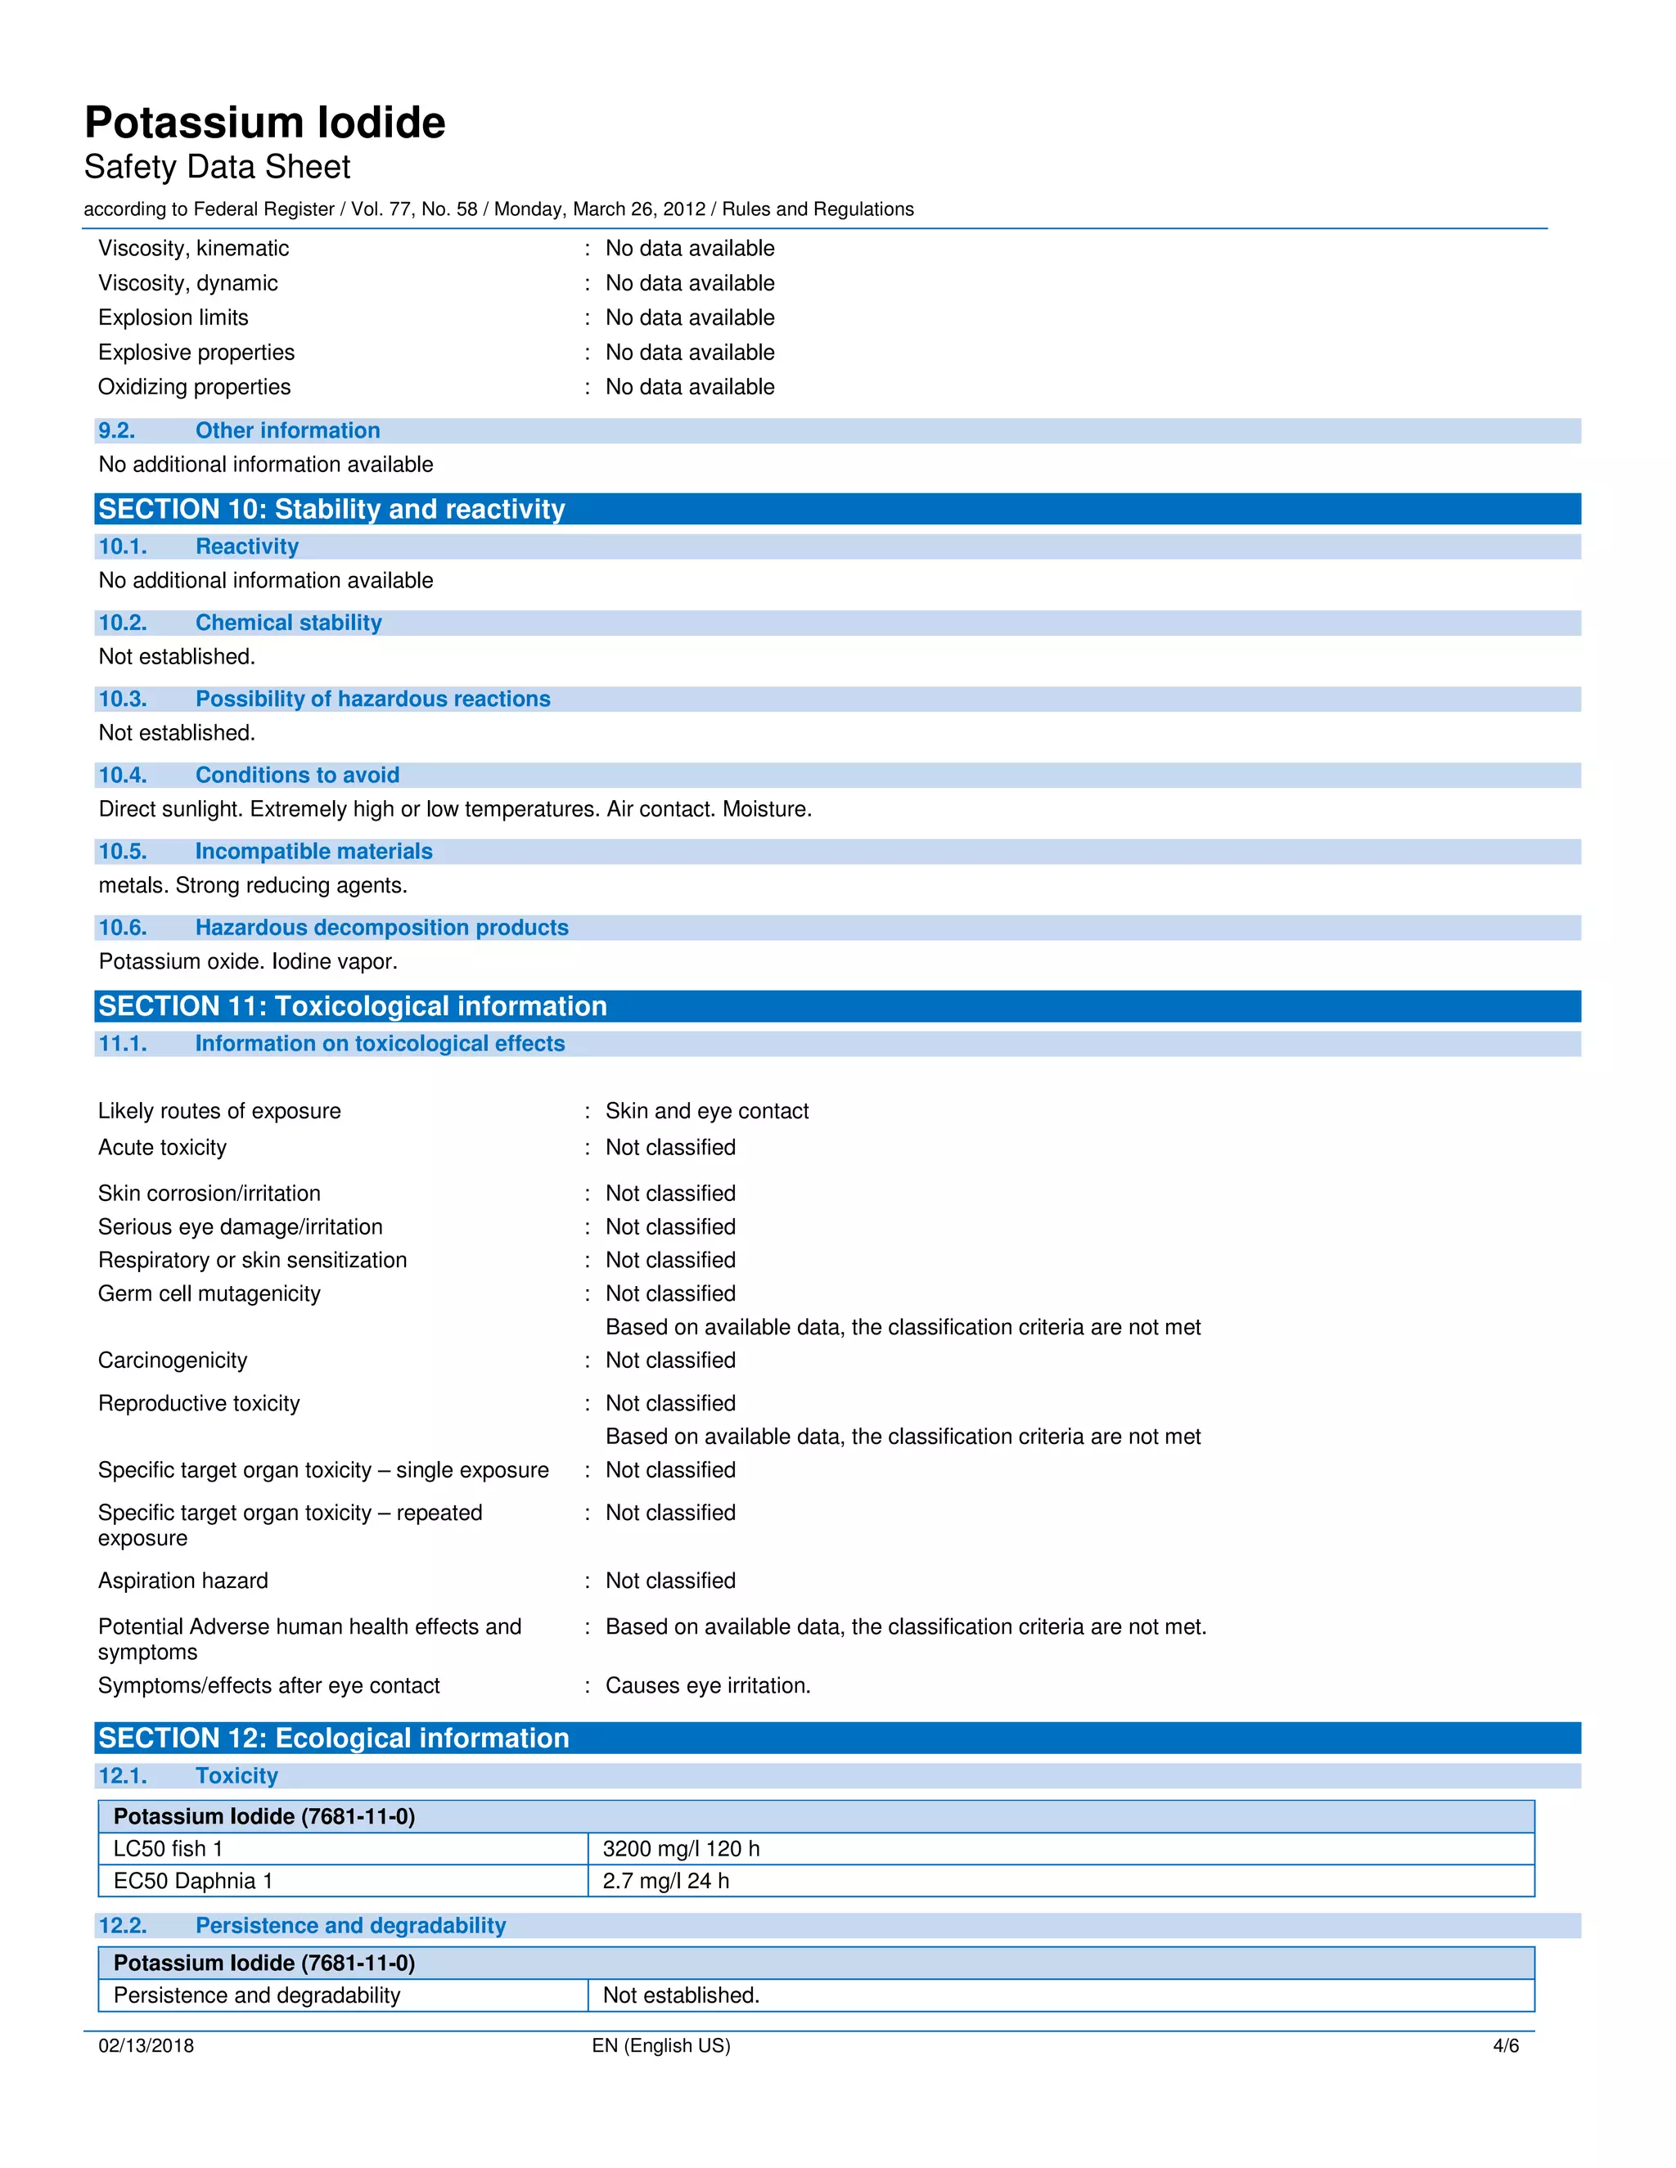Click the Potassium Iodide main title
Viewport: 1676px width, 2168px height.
[x=264, y=123]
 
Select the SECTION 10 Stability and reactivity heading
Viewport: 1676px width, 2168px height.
[x=331, y=509]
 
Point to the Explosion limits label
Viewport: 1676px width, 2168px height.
[x=173, y=317]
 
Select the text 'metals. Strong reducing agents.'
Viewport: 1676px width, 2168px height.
[x=252, y=885]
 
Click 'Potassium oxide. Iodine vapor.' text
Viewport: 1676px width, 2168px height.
[x=247, y=962]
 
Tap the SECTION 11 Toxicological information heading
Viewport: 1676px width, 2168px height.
[x=353, y=1006]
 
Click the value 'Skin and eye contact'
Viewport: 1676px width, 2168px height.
[x=706, y=1111]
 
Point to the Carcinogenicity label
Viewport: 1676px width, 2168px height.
[x=172, y=1360]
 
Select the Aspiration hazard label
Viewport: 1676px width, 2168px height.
[x=182, y=1581]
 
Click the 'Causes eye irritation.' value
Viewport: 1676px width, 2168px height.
[x=707, y=1685]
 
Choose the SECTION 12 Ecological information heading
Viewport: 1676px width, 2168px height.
[x=334, y=1738]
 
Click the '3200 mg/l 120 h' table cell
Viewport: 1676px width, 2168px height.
[x=680, y=1848]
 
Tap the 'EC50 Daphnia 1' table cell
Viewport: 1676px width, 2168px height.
[x=192, y=1881]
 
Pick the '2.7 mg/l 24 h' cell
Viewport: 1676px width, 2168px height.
[x=665, y=1881]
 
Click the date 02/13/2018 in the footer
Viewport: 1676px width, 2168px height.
[x=146, y=2046]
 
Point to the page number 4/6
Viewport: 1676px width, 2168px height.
[x=1505, y=2046]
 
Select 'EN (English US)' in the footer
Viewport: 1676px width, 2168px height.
[x=660, y=2046]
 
